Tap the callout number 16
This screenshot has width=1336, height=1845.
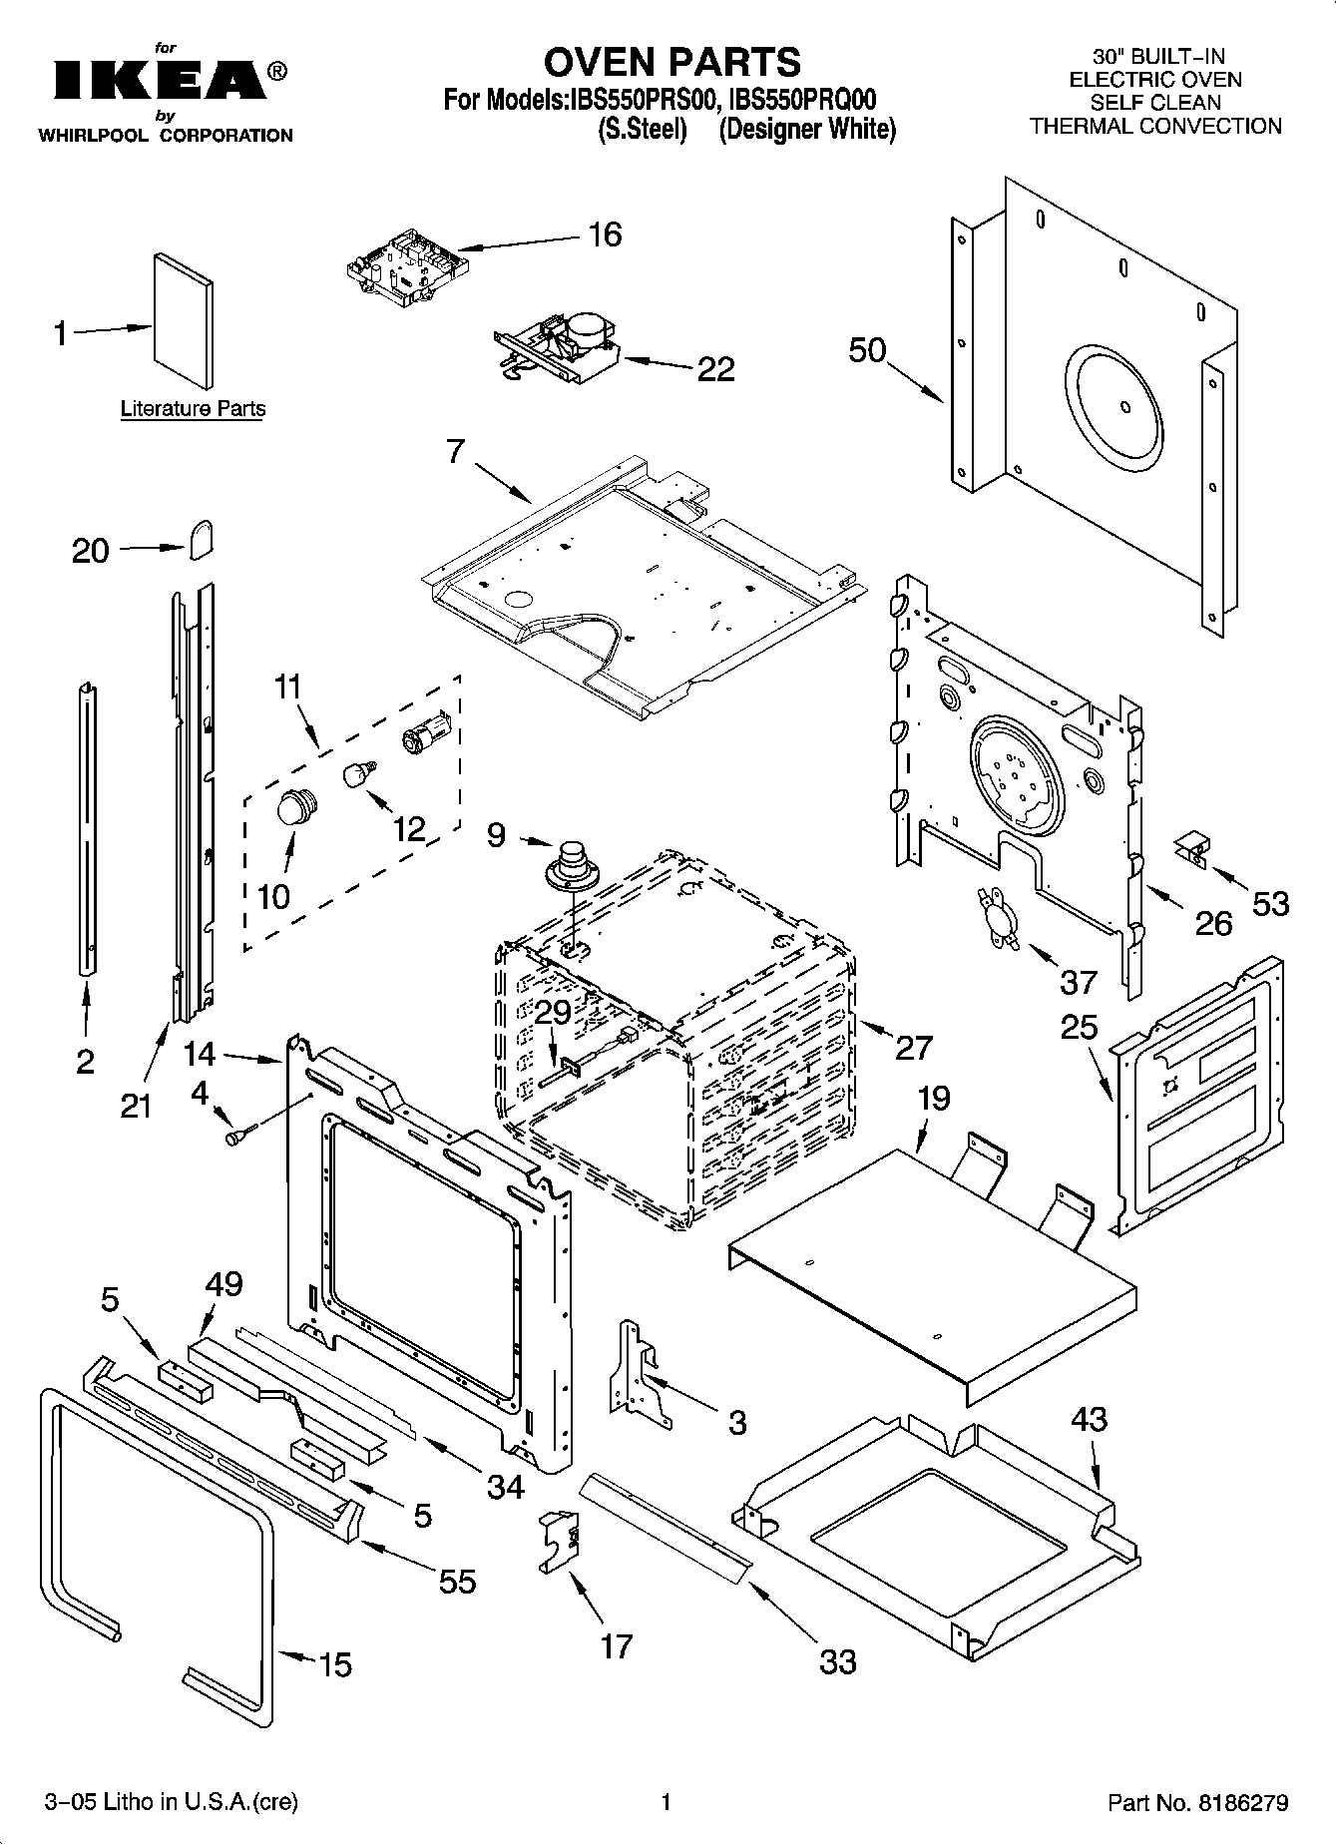pos(605,234)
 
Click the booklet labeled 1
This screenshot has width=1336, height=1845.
pos(183,319)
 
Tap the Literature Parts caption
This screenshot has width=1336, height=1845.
pos(193,408)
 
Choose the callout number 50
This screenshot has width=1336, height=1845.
pos(867,349)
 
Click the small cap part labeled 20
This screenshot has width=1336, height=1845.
pos(201,541)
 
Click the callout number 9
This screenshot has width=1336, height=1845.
pos(496,834)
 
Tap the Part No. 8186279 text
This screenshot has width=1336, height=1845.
pos(1198,1803)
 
